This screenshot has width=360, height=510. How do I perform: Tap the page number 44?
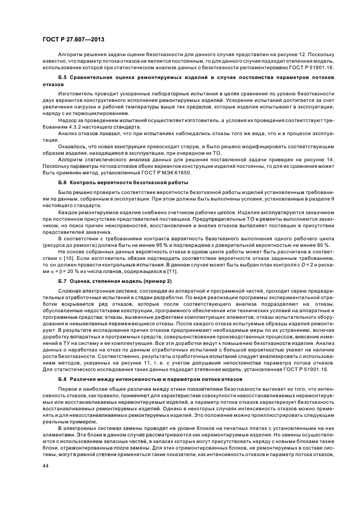point(46,465)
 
